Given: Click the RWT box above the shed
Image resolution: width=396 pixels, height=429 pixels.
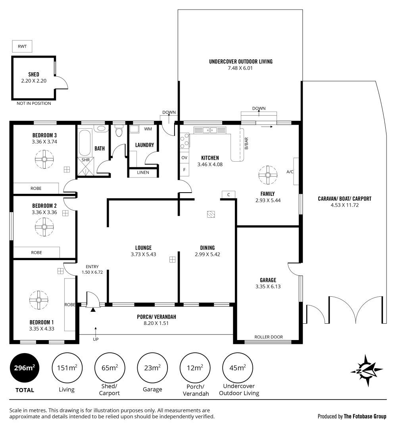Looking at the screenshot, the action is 22,46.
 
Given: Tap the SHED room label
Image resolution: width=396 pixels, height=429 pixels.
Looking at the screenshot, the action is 34,74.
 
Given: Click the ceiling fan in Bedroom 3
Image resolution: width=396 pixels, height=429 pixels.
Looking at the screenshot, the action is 44,159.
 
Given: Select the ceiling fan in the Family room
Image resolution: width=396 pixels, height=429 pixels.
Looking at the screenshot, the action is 268,175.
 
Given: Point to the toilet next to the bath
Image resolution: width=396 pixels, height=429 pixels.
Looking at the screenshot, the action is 119,131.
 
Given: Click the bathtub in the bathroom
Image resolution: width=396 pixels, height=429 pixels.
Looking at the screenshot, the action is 85,143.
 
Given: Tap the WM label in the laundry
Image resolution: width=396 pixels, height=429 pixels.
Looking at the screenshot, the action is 148,129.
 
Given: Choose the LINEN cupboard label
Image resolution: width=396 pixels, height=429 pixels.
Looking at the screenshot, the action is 143,172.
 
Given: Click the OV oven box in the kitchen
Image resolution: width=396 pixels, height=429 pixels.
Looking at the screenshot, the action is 185,158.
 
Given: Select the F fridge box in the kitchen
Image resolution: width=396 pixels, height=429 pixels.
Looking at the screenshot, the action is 185,170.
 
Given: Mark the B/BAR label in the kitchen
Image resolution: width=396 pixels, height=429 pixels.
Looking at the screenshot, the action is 246,143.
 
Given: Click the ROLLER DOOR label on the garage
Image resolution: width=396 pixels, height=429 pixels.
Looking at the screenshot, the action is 269,337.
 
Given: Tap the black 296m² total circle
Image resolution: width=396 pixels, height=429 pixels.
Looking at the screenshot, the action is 25,368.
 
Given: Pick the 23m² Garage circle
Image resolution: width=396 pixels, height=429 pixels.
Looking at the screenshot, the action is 152,368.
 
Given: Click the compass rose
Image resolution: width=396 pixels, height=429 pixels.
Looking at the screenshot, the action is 367,371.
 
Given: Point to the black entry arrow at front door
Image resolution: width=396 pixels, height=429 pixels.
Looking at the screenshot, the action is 93,309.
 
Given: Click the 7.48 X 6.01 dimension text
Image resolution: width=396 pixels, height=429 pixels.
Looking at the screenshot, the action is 240,68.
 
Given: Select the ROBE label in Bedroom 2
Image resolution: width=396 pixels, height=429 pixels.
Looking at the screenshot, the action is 37,253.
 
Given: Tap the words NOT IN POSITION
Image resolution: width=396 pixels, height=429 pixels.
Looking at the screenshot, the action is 34,103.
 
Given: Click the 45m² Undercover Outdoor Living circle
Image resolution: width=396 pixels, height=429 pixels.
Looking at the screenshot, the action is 238,368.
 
